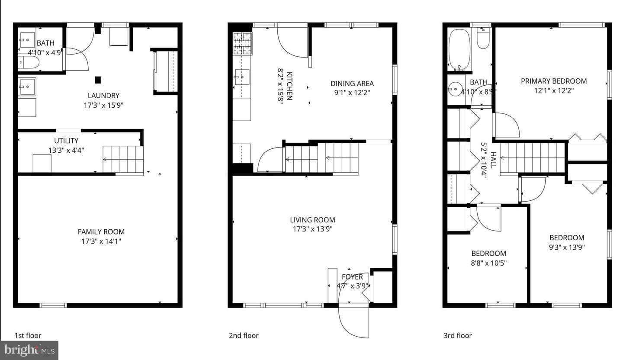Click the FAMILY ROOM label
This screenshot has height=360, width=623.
click(101, 232)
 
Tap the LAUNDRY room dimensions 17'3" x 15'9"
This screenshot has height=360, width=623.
click(103, 105)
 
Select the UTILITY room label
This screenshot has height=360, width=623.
click(66, 141)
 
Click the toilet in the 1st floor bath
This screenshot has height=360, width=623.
click(29, 63)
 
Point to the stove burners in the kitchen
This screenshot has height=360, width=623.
click(242, 43)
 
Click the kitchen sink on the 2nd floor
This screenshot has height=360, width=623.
click(242, 77)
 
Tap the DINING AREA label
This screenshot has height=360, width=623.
click(352, 84)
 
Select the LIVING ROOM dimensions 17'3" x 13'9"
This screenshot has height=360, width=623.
click(313, 229)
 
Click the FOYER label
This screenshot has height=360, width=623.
click(352, 277)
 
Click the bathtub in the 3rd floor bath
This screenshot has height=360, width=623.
click(459, 49)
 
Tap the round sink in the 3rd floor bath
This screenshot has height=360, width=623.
click(456, 89)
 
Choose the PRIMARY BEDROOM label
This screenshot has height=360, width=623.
click(554, 81)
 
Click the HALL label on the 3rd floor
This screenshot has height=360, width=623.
click(493, 160)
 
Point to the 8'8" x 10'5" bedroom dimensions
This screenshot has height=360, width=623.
click(489, 263)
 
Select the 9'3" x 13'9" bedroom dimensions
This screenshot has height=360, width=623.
click(567, 247)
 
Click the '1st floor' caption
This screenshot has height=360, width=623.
click(28, 335)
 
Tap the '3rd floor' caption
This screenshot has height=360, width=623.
click(458, 335)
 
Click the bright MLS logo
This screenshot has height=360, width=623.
click(29, 350)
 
